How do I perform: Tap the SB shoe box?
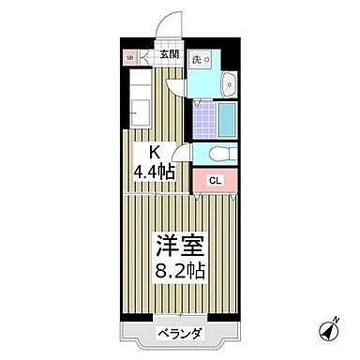tap(129, 57)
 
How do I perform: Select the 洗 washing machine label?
tap(197, 59)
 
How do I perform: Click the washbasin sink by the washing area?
tap(230, 90)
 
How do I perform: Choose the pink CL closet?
tap(215, 181)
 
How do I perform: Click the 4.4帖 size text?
tap(154, 172)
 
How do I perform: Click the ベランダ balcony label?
tap(178, 332)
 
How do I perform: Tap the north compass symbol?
tap(330, 331)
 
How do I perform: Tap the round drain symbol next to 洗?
tap(208, 58)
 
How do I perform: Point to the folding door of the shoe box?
tap(146, 57)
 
